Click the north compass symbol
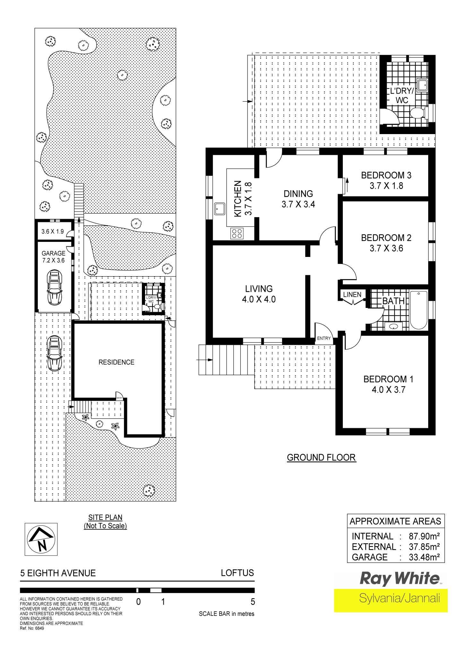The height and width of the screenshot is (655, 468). [x=41, y=539]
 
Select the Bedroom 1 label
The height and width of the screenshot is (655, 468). [x=388, y=384]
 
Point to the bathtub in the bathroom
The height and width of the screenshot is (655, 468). [x=419, y=310]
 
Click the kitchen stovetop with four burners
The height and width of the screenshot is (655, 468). [x=237, y=233]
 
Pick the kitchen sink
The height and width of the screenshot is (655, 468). [x=220, y=209]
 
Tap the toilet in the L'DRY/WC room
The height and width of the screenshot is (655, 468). [x=418, y=113]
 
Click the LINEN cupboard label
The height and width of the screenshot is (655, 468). [x=352, y=294]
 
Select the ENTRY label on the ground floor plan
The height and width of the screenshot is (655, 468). [x=324, y=338]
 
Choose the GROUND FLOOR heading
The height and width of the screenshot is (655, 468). [x=321, y=457]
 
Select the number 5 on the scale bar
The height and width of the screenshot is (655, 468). [x=253, y=602]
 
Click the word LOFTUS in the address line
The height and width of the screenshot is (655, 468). [x=238, y=573]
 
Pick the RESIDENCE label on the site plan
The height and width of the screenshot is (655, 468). [x=116, y=362]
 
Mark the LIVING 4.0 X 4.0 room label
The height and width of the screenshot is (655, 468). [x=259, y=294]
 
